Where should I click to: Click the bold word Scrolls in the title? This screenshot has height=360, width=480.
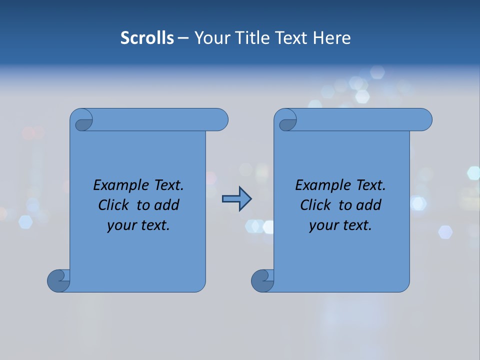point(147,38)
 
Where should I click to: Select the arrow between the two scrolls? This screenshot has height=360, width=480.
point(236,199)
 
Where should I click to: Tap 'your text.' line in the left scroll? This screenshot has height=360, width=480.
point(138,225)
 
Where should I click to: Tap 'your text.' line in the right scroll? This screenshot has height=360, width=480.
point(340,225)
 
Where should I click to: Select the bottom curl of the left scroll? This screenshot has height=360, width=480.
point(59,280)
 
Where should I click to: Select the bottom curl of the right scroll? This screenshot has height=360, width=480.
point(263,280)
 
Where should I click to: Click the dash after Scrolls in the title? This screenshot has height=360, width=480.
point(183,38)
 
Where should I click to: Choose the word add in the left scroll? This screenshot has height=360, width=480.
point(167,205)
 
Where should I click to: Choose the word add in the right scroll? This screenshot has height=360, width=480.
point(369,205)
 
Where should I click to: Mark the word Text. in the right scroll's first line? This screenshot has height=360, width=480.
point(370,185)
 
